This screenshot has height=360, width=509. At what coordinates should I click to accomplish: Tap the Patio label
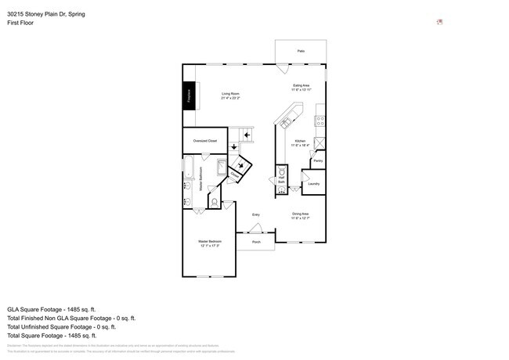[301, 51]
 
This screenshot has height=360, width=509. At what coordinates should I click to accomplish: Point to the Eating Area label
[301, 87]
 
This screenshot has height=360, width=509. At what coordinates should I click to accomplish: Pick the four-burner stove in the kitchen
[319, 121]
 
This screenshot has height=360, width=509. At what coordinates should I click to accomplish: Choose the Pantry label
[318, 160]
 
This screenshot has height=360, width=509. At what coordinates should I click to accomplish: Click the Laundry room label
[314, 185]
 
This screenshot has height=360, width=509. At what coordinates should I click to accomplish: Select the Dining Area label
[301, 215]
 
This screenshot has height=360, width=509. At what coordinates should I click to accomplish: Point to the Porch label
[256, 243]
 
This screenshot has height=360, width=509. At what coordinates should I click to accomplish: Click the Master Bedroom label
[209, 243]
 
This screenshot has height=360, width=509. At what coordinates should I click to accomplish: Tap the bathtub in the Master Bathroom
[188, 166]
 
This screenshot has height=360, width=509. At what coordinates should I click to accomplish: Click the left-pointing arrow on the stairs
[247, 135]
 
